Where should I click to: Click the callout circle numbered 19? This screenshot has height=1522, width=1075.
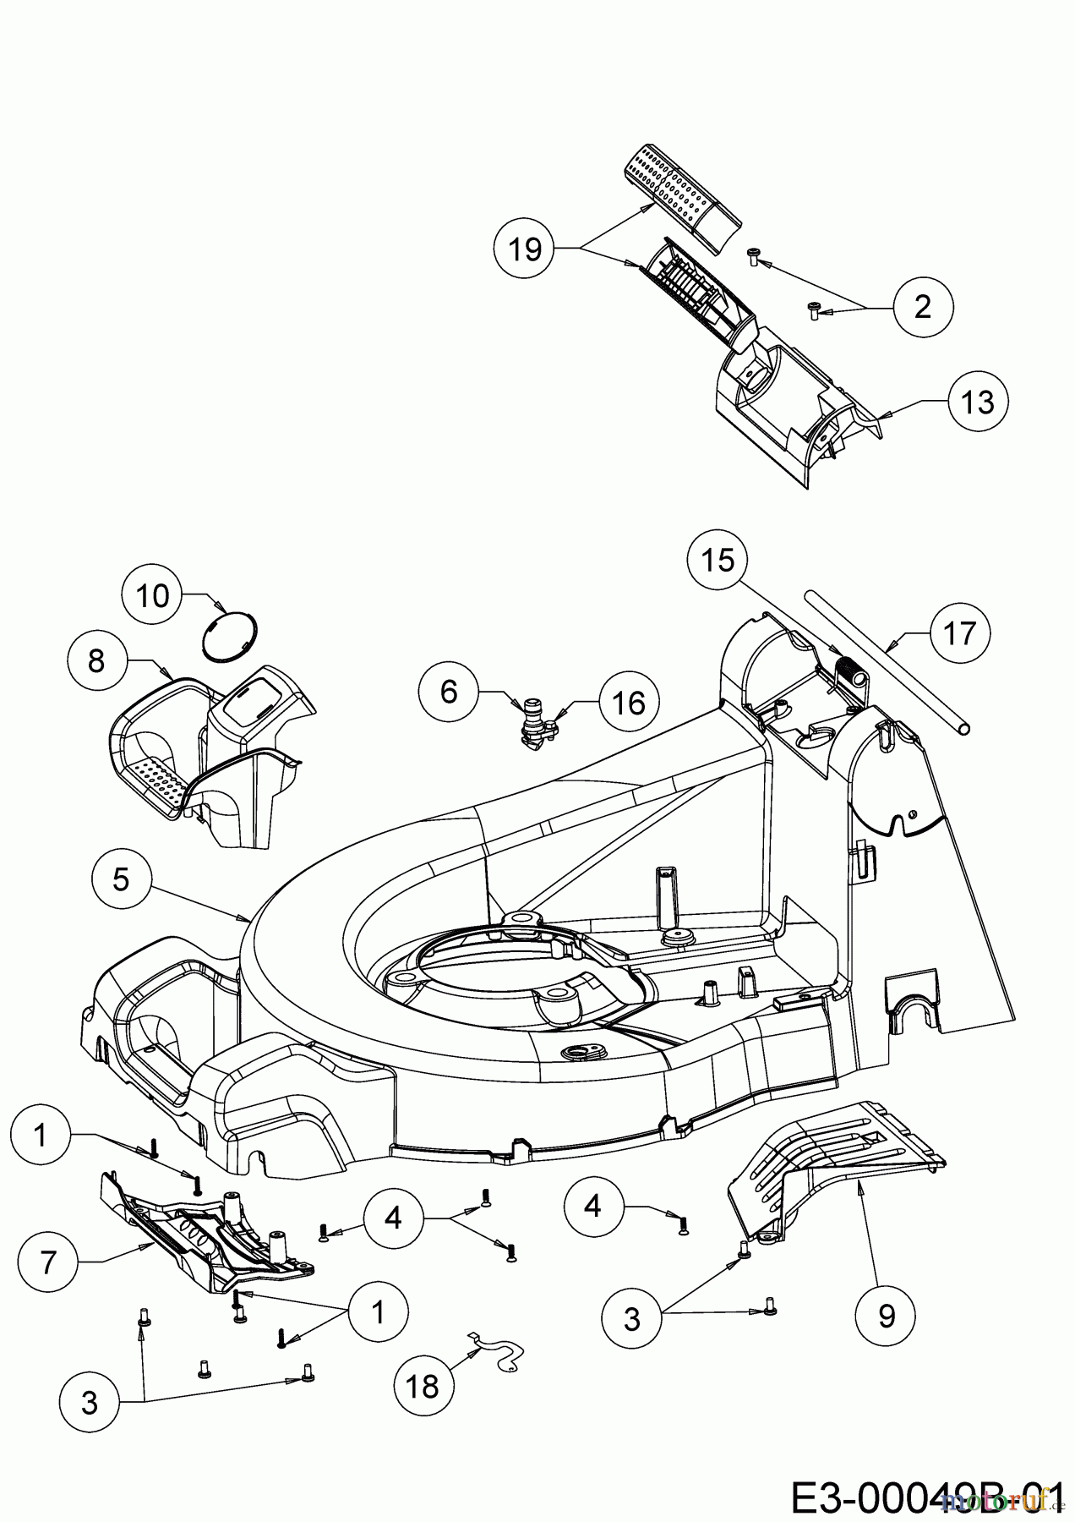point(525,249)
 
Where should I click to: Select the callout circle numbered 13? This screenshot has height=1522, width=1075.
point(978,402)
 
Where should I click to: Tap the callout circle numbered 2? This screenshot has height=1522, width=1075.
point(922,305)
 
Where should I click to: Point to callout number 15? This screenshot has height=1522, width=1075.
point(718,561)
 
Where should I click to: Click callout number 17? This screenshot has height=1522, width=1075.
point(959,632)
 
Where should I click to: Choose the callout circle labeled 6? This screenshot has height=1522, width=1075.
point(449,691)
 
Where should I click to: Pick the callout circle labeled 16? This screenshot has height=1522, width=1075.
point(628,703)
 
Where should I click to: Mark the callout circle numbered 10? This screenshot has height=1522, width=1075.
point(153,596)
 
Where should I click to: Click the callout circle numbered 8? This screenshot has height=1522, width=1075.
point(96,660)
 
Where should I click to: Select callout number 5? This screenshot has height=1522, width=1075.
point(121,879)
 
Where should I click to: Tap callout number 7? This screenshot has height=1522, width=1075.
point(47,1262)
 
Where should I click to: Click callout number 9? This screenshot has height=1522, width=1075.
point(886,1316)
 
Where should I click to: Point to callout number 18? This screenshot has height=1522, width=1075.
point(423,1386)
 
